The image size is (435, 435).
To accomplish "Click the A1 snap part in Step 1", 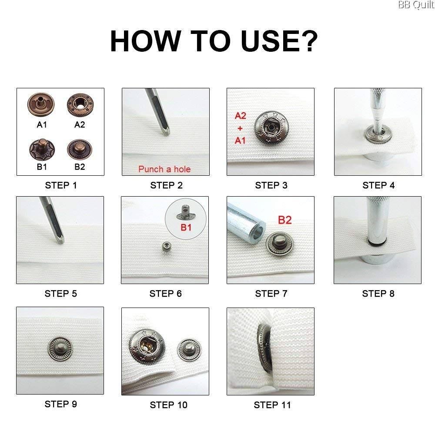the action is coord(41,104).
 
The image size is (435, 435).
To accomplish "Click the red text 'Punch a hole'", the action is coord(164,169).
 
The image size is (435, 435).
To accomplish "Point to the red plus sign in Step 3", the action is coord(240,128).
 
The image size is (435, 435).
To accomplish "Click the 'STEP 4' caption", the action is coord(378,185).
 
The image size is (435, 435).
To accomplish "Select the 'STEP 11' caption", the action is coord(272,405).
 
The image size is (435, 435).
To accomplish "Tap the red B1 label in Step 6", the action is coord(186,228).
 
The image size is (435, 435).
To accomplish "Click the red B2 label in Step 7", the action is coord(284,220).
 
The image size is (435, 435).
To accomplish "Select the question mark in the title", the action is coord(308,41).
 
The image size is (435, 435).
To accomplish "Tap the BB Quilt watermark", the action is coord(416,5).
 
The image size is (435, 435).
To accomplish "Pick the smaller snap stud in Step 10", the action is coord(189,350).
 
